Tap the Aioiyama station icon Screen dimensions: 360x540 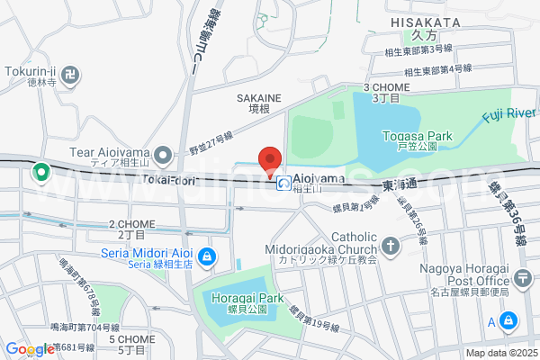pos(283,184)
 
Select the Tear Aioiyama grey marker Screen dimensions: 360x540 pos(163,157)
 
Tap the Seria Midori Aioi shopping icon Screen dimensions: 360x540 pos(207,257)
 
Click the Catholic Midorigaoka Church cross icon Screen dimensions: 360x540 pos(390,245)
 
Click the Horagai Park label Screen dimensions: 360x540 pos(247,298)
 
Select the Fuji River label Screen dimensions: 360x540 pos(508,113)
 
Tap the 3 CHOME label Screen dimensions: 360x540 pos(386,87)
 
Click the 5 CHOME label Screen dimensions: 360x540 pos(132,338)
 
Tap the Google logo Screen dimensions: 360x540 pos(29,349)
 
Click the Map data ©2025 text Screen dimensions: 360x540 pos(499,353)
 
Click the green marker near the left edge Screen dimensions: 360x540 pos(40,171)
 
